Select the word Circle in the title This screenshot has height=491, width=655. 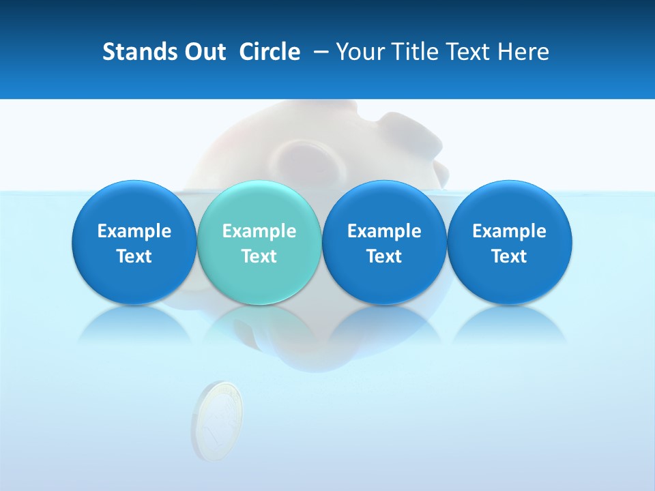(270, 52)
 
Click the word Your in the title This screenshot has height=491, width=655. (360, 52)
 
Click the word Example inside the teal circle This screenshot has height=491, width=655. (259, 231)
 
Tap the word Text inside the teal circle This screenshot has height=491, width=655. (259, 256)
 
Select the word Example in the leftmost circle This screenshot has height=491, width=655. (134, 231)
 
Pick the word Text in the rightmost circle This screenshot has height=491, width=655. (509, 256)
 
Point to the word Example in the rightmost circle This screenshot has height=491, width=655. (509, 231)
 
